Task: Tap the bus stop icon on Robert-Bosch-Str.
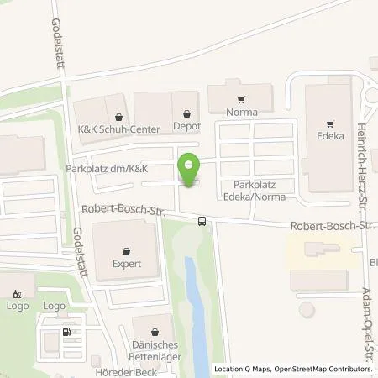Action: click(x=202, y=221)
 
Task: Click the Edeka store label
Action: click(x=331, y=132)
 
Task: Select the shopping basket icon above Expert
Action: click(x=126, y=250)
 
